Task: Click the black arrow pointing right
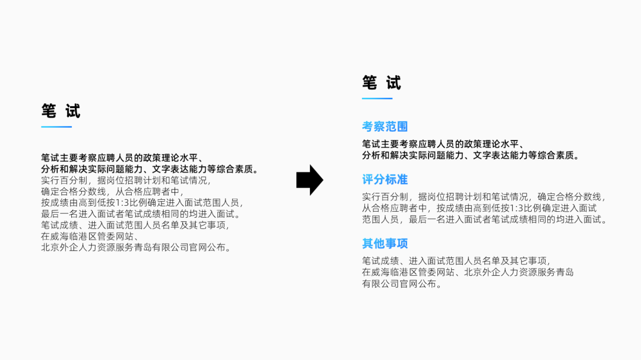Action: click(309, 180)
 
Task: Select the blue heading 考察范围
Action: click(385, 126)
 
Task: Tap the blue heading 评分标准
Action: click(385, 179)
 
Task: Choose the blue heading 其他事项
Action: click(385, 243)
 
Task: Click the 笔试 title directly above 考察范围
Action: click(382, 83)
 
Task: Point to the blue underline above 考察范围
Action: click(377, 98)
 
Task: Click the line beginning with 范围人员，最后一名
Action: click(485, 219)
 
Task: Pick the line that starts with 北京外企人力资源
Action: click(136, 247)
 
